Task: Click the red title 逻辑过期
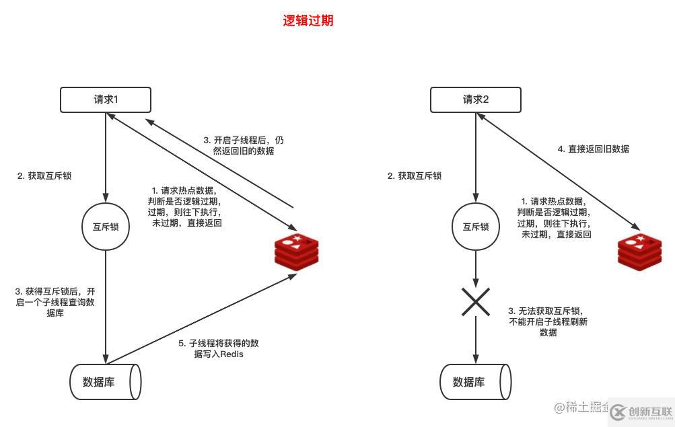308,21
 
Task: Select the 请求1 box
106,100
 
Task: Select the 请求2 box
475,100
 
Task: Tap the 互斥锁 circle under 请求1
106,227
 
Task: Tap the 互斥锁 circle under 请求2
476,227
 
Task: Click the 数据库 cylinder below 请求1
105,382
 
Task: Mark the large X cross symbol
476,302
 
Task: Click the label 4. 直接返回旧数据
594,149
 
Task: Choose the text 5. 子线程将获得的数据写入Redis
218,348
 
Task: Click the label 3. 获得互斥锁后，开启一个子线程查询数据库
55,303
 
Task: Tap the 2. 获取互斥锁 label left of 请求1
44,176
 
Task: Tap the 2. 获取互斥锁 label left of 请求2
415,176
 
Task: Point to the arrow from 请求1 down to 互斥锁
106,155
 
